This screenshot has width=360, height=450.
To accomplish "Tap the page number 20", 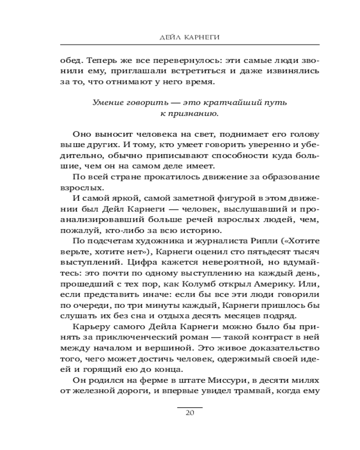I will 189,414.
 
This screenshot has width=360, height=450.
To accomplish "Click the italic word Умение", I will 107,103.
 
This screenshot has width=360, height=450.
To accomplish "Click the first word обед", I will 69,60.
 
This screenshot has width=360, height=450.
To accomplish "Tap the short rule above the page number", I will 189,407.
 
